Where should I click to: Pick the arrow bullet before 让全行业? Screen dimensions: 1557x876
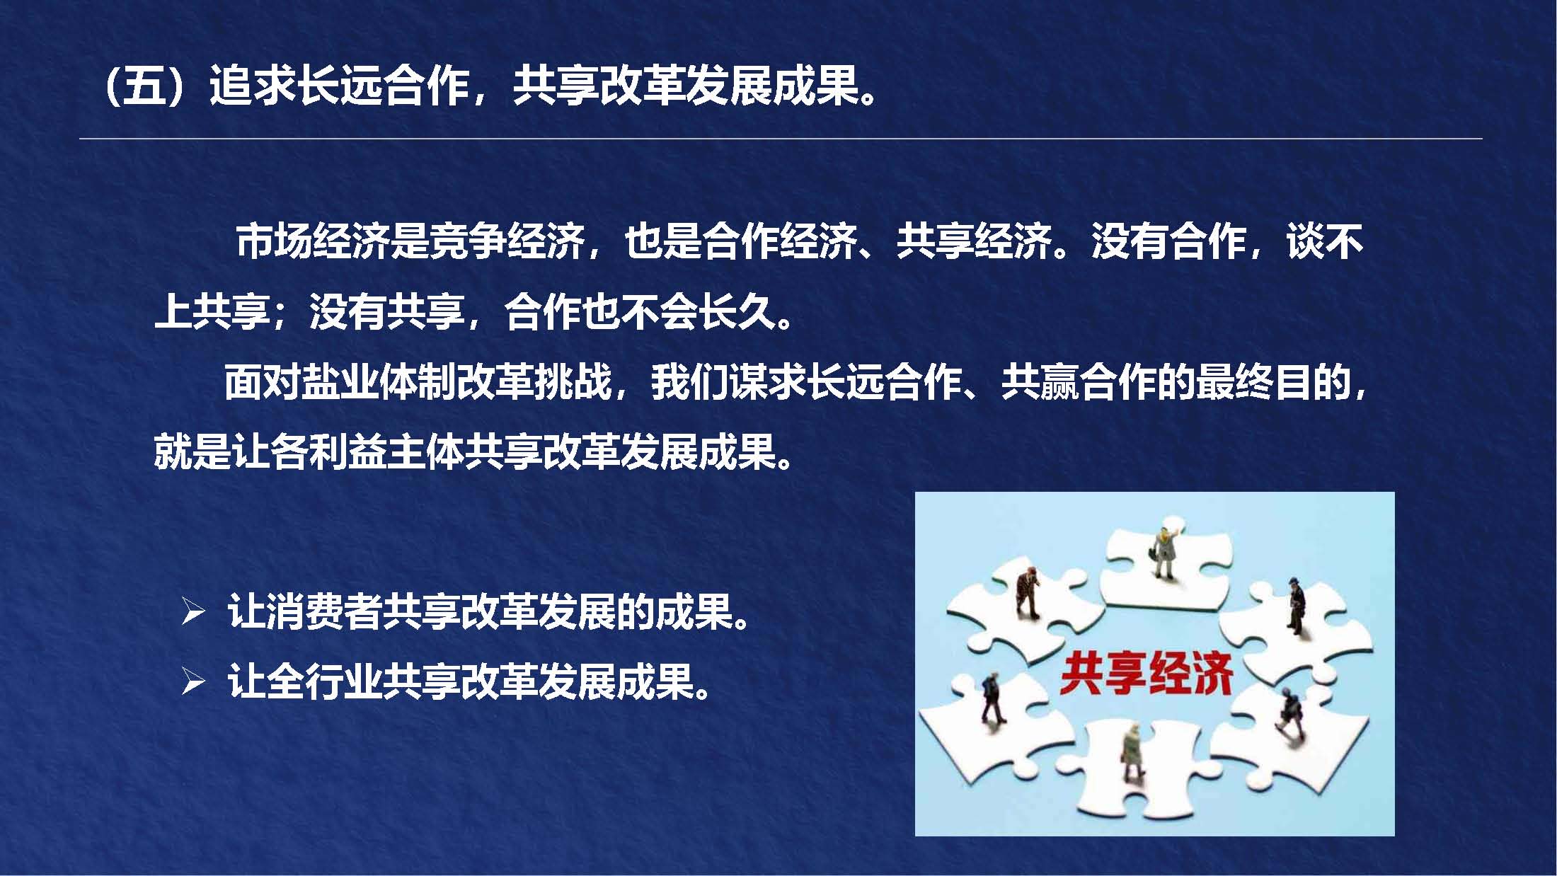(x=193, y=682)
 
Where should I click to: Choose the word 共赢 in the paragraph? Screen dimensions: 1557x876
(x=1040, y=382)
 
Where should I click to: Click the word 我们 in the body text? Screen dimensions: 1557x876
(x=690, y=382)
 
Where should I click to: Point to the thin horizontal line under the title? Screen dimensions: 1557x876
(x=781, y=139)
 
